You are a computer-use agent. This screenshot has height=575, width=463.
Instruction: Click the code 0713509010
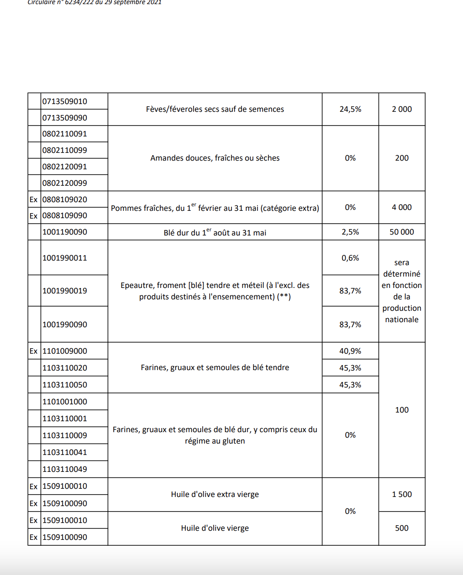point(64,101)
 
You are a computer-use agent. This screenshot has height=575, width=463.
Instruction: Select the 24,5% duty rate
point(350,109)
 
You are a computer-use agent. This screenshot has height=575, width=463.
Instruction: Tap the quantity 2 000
point(401,109)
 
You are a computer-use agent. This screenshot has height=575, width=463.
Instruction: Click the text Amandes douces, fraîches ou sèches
point(215,158)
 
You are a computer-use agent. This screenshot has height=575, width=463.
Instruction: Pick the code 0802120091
point(64,167)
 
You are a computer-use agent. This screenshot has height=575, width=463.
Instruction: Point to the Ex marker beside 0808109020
point(33,199)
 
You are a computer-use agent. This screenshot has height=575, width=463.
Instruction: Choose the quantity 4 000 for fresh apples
point(401,207)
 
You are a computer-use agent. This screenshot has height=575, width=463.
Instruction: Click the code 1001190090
point(64,232)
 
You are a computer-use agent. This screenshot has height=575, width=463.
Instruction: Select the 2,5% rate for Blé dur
point(350,232)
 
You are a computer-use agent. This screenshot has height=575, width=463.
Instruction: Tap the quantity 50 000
point(401,232)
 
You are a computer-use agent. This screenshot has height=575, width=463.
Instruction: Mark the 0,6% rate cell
point(350,258)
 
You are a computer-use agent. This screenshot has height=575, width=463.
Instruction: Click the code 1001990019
point(64,291)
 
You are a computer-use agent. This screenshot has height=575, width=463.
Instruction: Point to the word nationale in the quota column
point(401,319)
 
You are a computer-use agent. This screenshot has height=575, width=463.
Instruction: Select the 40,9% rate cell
point(350,351)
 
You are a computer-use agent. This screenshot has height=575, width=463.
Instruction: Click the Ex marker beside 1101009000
point(33,351)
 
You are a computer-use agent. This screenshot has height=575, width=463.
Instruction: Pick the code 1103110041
point(64,452)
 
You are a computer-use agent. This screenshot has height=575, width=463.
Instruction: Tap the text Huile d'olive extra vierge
point(215,494)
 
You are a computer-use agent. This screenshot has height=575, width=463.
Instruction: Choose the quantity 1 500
point(401,494)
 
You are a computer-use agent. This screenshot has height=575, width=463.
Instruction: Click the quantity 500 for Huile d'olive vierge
point(401,528)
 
